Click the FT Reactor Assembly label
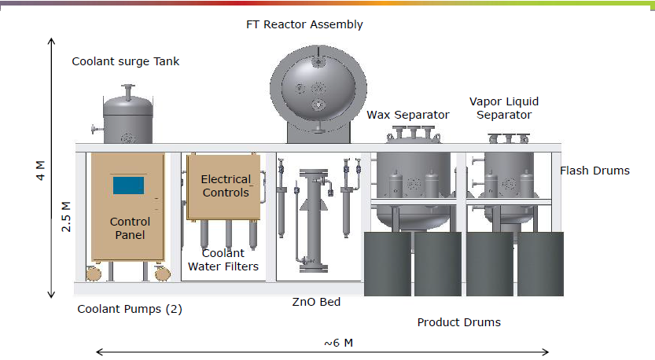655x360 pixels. [304, 24]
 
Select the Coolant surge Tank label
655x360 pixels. [126, 61]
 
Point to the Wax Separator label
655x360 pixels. [408, 116]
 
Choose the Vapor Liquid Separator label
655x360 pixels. [504, 108]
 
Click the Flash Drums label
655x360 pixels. [594, 171]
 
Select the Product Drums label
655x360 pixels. [458, 322]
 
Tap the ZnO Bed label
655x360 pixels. [315, 302]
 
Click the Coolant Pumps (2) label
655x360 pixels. [129, 309]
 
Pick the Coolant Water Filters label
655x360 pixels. [223, 260]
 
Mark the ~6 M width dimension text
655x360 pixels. [338, 343]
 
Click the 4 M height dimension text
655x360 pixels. [42, 171]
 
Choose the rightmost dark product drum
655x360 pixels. [540, 263]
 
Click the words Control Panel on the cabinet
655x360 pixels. [128, 228]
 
